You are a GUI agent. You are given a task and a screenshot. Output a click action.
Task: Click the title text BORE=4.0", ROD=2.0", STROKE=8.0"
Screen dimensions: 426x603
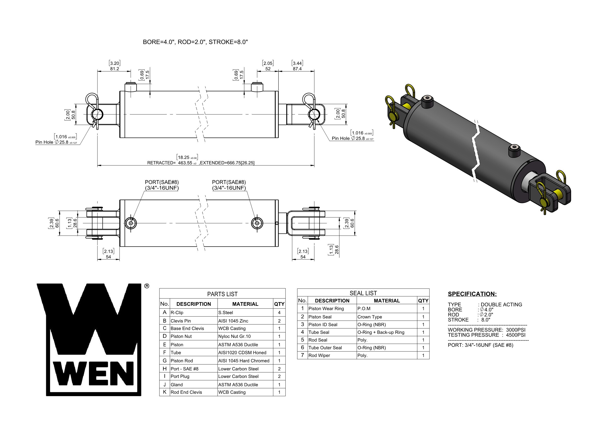tap(195, 42)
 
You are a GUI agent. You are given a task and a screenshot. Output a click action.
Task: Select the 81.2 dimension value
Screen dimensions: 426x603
tap(114, 69)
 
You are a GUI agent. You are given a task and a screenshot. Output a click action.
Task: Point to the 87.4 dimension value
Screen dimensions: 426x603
tap(297, 69)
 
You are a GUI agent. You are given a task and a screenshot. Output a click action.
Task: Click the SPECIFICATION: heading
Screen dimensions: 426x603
tap(472, 294)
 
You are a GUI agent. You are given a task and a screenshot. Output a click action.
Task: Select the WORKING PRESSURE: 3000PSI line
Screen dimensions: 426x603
tap(486, 330)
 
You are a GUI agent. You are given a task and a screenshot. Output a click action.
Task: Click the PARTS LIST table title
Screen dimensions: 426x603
tap(222, 294)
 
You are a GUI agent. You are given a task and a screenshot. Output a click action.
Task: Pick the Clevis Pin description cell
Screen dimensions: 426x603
tap(181, 321)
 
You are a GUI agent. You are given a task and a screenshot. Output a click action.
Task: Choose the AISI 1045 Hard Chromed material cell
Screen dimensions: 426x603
tap(244, 361)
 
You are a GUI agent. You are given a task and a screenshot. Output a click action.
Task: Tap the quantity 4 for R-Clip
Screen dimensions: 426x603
tap(279, 313)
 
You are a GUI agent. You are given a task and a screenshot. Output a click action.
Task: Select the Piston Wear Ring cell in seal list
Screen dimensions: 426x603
tap(326, 309)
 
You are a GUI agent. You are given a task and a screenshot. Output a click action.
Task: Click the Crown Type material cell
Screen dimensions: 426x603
tap(369, 317)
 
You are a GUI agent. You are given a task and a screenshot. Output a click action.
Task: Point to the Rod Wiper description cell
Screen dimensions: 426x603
tap(319, 355)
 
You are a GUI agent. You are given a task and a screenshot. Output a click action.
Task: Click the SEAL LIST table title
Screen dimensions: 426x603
tap(363, 293)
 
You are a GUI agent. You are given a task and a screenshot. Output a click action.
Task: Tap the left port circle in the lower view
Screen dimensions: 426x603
tap(131, 223)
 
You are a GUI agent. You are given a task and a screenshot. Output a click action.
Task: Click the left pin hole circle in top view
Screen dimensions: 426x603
tap(97, 114)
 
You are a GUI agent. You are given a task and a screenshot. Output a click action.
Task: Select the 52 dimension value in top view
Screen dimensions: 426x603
tap(268, 69)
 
